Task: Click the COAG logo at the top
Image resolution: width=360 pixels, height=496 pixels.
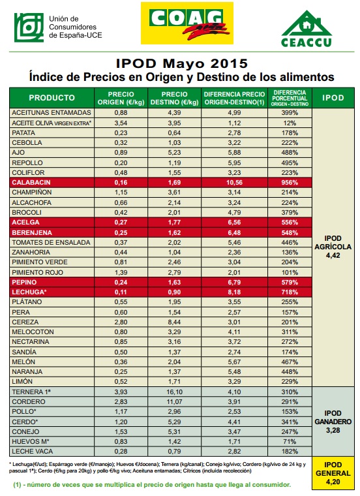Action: (x=187, y=23)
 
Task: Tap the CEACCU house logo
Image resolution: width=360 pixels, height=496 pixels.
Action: (x=307, y=29)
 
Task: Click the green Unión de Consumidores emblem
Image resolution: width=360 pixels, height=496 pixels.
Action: (x=29, y=27)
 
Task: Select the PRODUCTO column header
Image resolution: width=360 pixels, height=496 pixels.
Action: (x=52, y=98)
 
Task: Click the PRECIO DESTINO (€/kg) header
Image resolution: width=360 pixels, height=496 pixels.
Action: (x=175, y=98)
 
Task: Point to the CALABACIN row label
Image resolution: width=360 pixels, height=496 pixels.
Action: (x=31, y=183)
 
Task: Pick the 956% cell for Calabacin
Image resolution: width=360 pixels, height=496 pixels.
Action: (x=290, y=183)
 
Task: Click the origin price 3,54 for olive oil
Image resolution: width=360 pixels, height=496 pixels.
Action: (x=121, y=123)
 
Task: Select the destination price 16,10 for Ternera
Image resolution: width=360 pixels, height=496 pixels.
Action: (x=175, y=392)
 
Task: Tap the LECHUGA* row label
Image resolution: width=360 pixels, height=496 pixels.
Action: (x=29, y=292)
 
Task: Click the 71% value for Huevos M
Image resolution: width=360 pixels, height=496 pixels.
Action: (x=290, y=441)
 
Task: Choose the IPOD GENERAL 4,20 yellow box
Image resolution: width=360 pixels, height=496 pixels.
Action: (x=333, y=473)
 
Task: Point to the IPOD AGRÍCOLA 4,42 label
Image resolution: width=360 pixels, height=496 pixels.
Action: (x=333, y=247)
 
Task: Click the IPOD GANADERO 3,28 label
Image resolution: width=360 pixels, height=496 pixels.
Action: (x=333, y=422)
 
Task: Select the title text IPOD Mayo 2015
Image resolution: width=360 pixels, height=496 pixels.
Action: (x=182, y=63)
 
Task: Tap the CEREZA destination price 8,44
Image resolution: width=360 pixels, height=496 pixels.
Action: (x=175, y=322)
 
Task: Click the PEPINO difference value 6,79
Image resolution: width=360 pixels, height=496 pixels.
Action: (x=234, y=282)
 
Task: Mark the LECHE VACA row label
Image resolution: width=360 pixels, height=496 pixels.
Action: (x=32, y=451)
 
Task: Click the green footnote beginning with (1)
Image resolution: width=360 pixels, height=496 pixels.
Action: (x=152, y=485)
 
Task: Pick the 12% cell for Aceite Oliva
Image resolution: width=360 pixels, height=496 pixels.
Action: (x=290, y=123)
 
